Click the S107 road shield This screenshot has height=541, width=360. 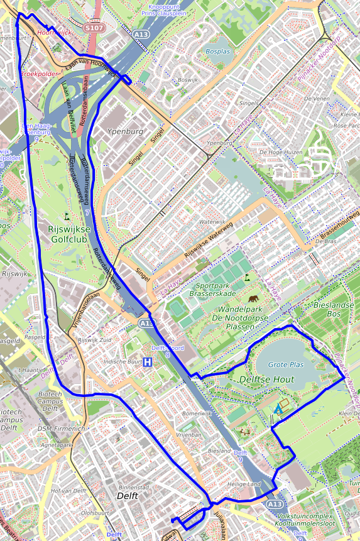pos(94,28)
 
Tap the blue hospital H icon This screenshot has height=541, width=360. pos(148,362)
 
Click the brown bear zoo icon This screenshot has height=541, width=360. pos(254,299)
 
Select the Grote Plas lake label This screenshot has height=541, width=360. pos(286,364)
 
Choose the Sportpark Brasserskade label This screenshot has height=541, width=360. pos(212,289)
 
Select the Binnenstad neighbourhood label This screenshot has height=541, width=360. pos(133,487)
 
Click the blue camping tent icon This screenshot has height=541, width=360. pos(278,408)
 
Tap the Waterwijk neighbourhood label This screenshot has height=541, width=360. pos(212,222)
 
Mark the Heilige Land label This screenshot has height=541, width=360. pos(244,484)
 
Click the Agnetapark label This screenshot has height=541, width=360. pos(57,444)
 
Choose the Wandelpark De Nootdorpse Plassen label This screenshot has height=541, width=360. pos(247,314)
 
